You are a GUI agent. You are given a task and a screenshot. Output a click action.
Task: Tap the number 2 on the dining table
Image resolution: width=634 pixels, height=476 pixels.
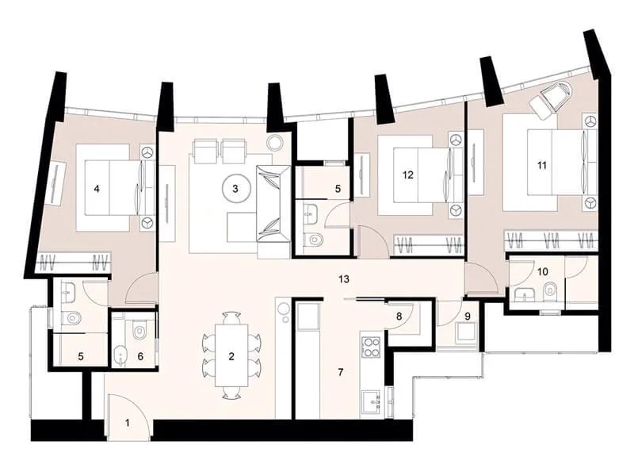coord(231,356)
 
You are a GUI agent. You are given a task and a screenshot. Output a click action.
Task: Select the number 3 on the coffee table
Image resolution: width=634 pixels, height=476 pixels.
coord(235,188)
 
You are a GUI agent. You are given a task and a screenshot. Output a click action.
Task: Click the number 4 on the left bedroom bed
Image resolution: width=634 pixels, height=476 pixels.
coord(96,188)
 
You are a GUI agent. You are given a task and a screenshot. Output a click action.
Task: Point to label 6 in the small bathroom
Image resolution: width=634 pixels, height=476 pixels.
coord(141,356)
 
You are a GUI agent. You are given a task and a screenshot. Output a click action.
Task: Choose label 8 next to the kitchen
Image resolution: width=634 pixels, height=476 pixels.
coord(399,316)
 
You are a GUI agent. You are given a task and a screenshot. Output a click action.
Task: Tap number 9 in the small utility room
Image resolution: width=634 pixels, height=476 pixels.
coord(467,316)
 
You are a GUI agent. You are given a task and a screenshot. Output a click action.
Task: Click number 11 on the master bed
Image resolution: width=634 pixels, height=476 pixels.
coord(542,165)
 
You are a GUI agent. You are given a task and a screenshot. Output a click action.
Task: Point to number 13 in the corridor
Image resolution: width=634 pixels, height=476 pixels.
coord(343,280)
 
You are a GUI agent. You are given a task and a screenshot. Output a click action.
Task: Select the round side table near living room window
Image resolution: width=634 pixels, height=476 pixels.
coord(275,143)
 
